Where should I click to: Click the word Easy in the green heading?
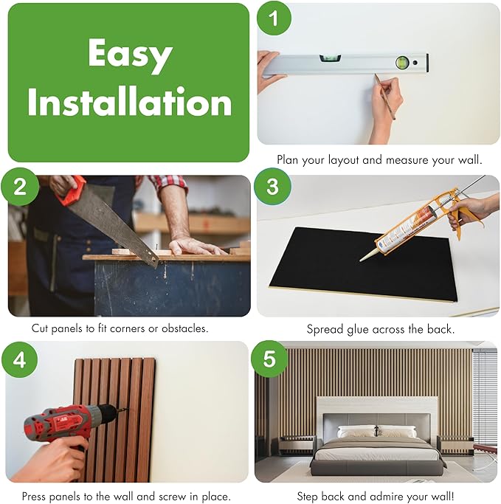pyautogui.click(x=130, y=55)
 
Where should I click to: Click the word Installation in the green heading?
pyautogui.click(x=130, y=101)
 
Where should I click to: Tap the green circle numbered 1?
pyautogui.click(x=274, y=18)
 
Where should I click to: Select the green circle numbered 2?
pyautogui.click(x=20, y=187)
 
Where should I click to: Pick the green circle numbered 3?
pyautogui.click(x=272, y=187)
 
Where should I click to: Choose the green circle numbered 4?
pyautogui.click(x=19, y=359)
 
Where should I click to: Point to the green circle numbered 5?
pyautogui.click(x=269, y=359)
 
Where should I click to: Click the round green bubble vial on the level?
pyautogui.click(x=402, y=63)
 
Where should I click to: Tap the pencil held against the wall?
pyautogui.click(x=384, y=97)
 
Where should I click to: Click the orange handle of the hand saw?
pyautogui.click(x=72, y=190)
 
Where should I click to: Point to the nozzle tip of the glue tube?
pyautogui.click(x=361, y=260)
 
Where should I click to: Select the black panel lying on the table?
pyautogui.click(x=363, y=264)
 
